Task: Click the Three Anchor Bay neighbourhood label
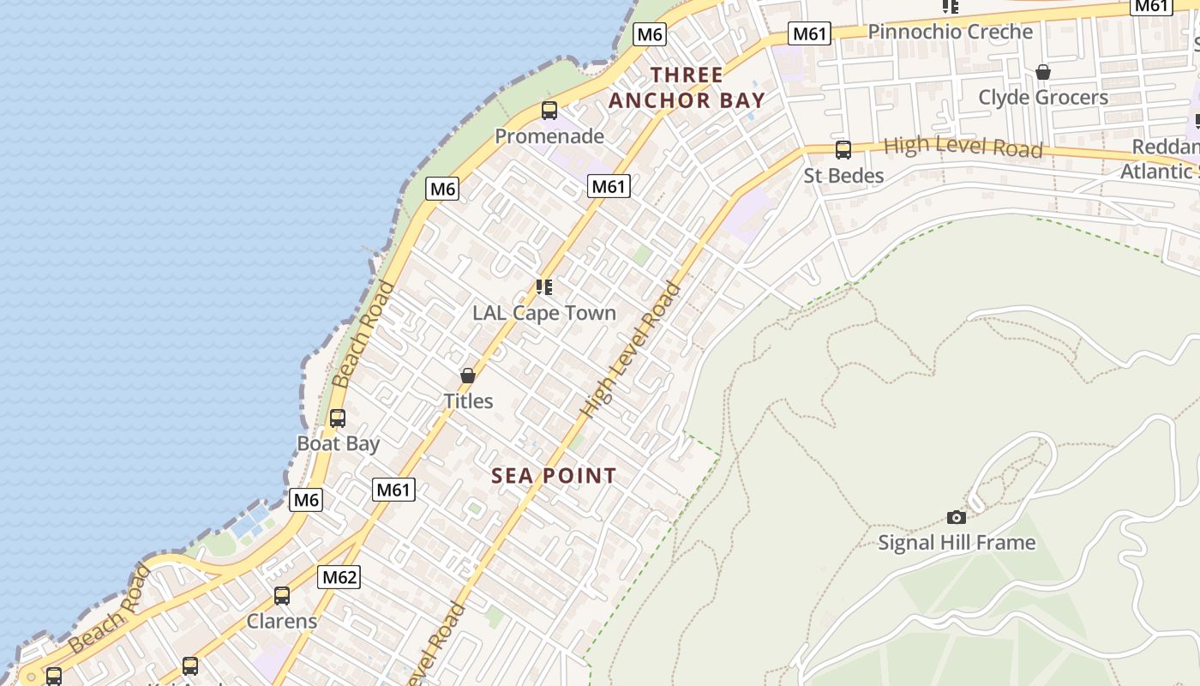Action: (x=686, y=87)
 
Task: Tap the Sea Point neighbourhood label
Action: (x=554, y=476)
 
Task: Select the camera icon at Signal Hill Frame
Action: (x=957, y=517)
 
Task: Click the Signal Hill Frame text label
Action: (x=957, y=543)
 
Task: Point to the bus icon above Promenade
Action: (x=549, y=111)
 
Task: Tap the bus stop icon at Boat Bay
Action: (x=338, y=418)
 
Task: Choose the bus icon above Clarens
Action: (x=282, y=596)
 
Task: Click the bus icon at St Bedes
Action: (x=843, y=150)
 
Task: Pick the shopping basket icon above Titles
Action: (x=468, y=376)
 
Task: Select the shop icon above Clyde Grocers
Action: (x=1043, y=72)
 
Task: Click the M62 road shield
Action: (x=339, y=577)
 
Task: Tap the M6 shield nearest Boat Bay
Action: (x=306, y=500)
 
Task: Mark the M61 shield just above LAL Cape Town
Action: (x=609, y=186)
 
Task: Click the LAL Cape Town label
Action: (x=544, y=313)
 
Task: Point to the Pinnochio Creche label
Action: (x=951, y=32)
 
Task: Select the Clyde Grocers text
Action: (x=1043, y=98)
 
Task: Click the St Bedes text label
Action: (x=843, y=176)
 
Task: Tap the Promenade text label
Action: (x=549, y=136)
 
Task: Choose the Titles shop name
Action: (x=468, y=400)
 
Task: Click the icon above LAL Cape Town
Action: (x=544, y=286)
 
